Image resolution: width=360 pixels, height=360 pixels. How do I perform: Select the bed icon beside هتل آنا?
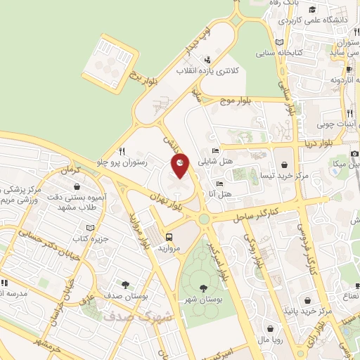coord(220,184)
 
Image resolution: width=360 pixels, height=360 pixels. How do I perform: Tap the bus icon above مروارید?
coord(169,236)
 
